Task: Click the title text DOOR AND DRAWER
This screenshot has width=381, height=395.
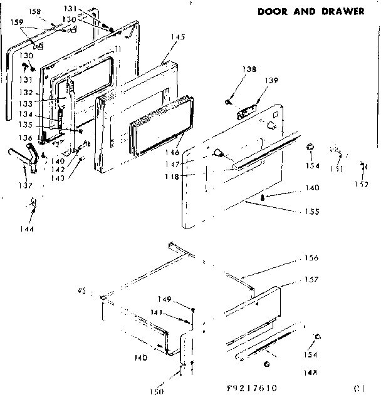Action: point(310,11)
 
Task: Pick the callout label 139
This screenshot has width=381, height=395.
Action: point(272,81)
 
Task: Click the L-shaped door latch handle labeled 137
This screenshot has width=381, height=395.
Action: point(26,157)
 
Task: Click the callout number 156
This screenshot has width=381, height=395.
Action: point(311,258)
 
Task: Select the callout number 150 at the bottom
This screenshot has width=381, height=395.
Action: point(157,391)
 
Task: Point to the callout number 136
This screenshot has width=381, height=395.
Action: point(25,138)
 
